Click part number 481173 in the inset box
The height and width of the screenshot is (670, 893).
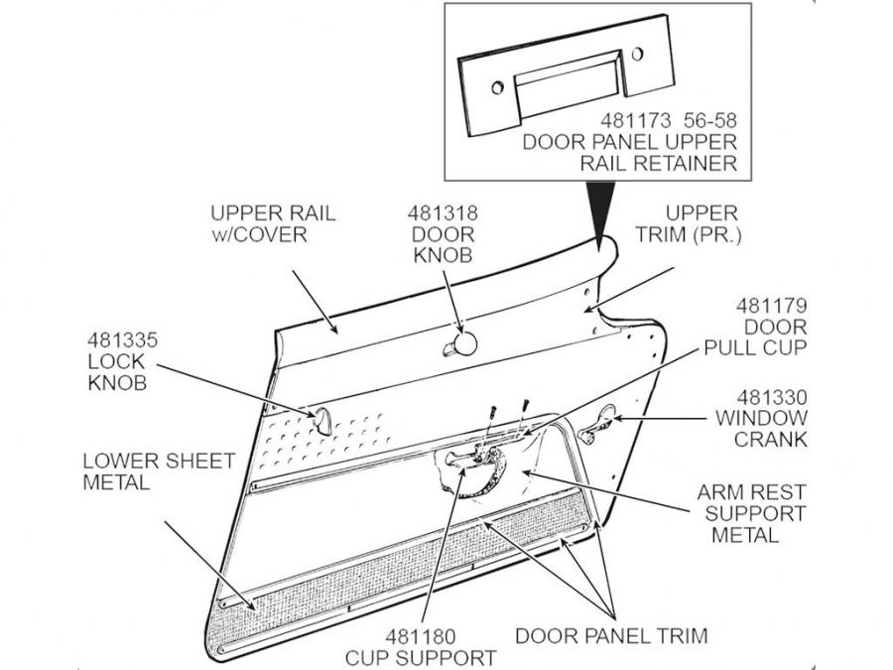636,120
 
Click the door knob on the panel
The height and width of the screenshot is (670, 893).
462,344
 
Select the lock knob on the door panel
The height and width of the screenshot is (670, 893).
322,419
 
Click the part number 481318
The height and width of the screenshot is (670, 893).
442,213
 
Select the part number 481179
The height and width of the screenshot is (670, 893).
770,305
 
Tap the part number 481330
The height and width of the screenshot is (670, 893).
770,395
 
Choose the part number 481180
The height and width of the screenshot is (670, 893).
421,635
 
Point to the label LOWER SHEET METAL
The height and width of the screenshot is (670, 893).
159,471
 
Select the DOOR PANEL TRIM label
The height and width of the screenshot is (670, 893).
612,635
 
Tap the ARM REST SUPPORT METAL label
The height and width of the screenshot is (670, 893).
751,513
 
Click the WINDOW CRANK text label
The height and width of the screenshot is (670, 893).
761,429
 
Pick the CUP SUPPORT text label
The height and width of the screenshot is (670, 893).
421,657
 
